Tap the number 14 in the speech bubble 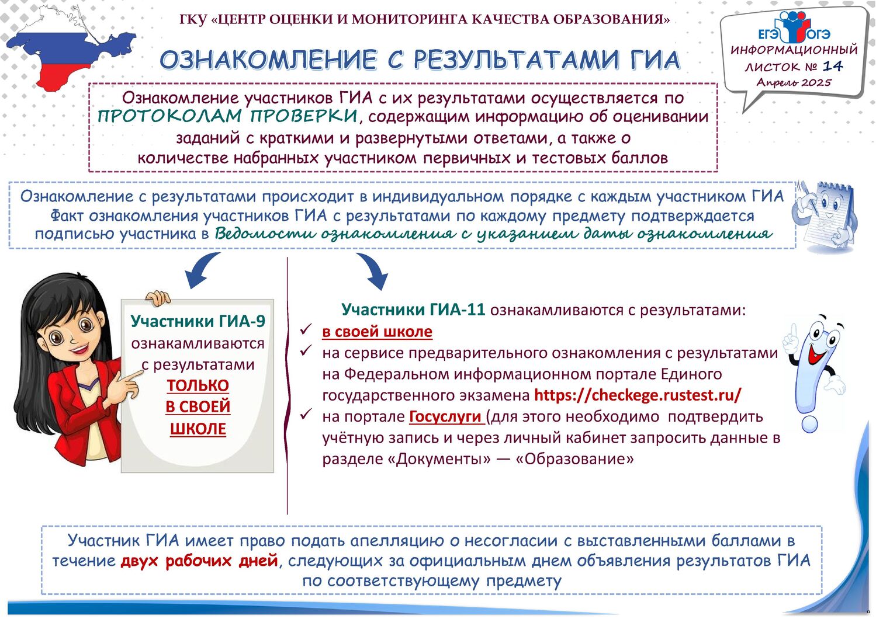pos(833,66)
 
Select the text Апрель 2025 pos(794,82)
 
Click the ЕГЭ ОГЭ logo pos(794,27)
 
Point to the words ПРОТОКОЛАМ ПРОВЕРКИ pos(227,116)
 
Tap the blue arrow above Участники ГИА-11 pos(373,270)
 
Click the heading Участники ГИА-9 pos(198,321)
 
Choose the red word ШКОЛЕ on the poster pos(198,429)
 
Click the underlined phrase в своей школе pos(378,332)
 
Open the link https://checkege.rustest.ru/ pos(638,395)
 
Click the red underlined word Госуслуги pos(445,417)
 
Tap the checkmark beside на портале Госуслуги pos(306,414)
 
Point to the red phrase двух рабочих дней pos(199,561)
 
